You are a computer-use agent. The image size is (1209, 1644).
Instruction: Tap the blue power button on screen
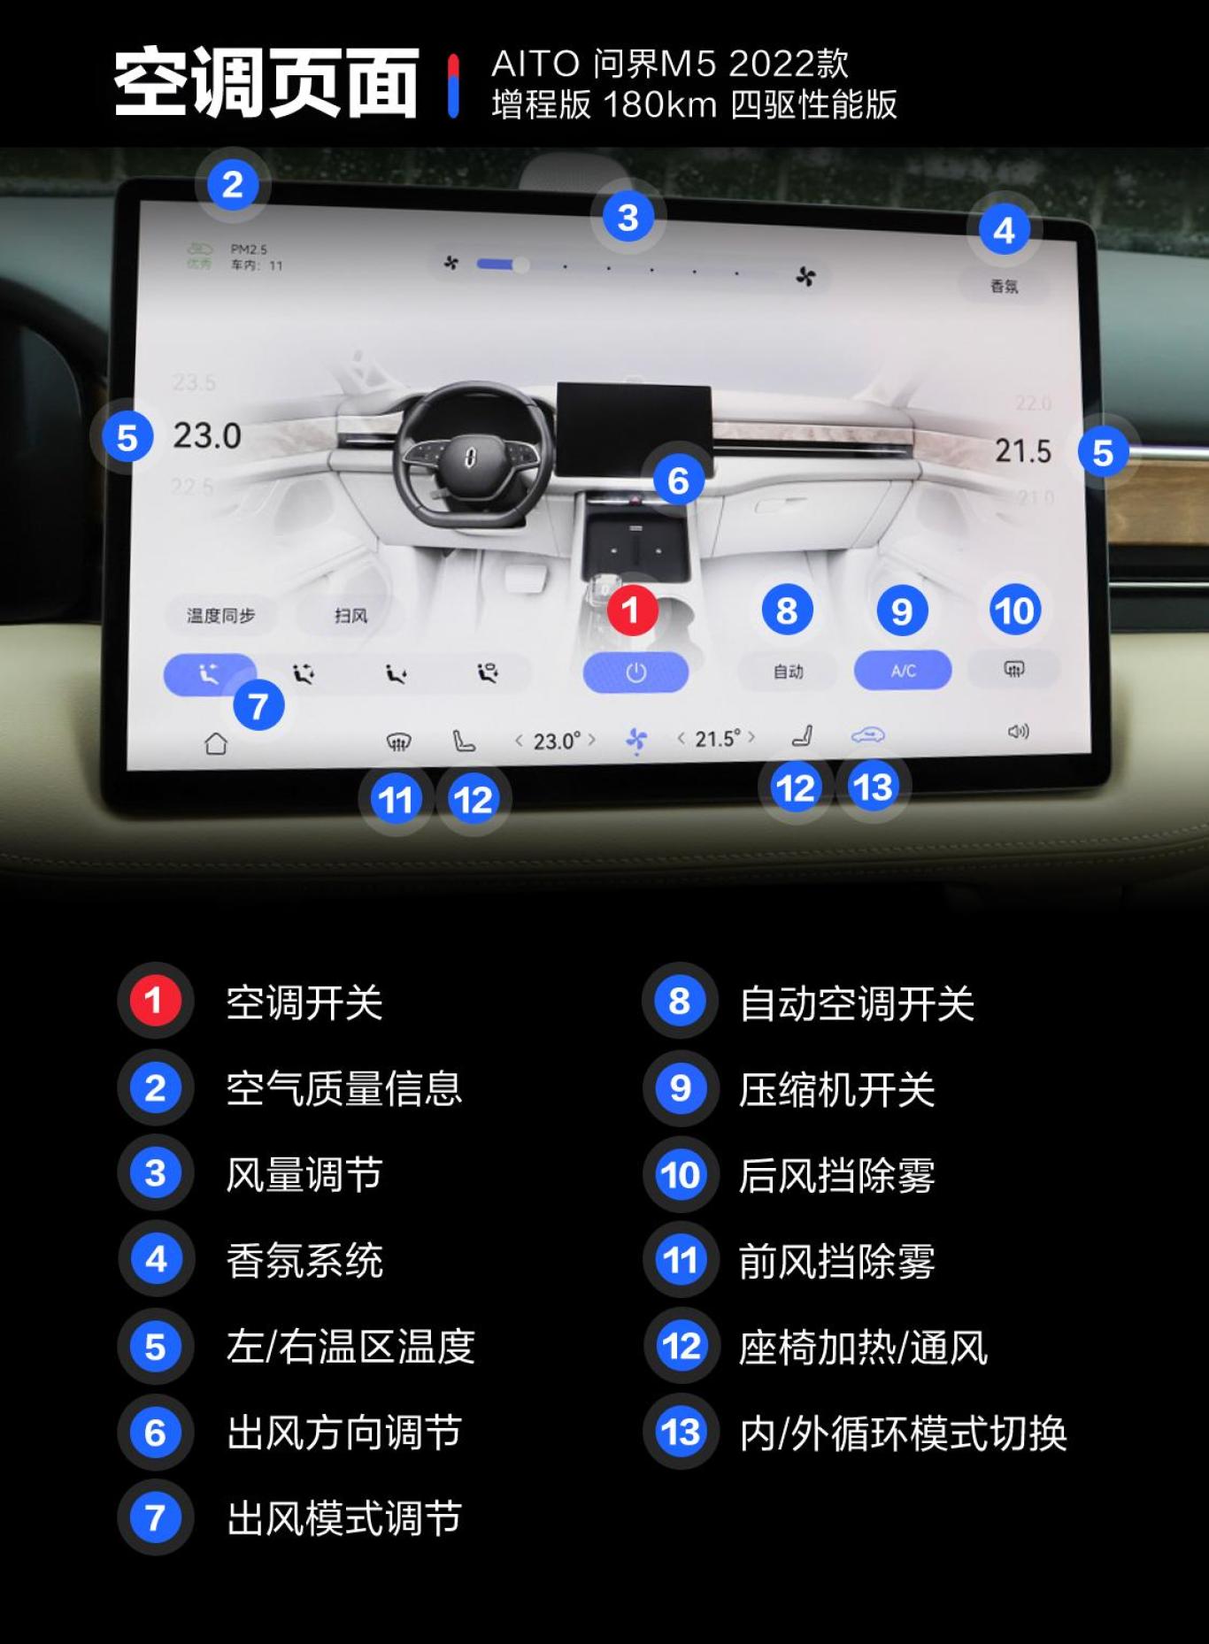pos(635,672)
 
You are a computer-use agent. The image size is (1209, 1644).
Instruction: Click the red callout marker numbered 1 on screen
pos(632,610)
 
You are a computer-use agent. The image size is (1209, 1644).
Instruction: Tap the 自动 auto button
pos(788,672)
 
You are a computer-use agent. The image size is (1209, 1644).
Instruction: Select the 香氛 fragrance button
pos(1004,286)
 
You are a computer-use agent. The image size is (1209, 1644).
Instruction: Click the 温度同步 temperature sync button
pos(220,615)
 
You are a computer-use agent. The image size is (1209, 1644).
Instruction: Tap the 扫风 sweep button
pos(350,615)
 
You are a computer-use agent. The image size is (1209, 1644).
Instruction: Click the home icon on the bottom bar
pos(216,743)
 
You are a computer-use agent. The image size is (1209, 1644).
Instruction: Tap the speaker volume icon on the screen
pos(1018,732)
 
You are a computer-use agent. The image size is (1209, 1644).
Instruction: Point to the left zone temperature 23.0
pos(207,435)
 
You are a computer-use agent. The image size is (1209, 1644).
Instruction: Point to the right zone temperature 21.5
pos(1022,451)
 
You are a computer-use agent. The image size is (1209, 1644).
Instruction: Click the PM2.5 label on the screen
pos(249,250)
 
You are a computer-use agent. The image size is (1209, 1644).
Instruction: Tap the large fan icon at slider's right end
pos(805,277)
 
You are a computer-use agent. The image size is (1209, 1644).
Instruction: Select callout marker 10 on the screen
pos(1014,611)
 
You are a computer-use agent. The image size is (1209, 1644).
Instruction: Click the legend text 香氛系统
pos(304,1260)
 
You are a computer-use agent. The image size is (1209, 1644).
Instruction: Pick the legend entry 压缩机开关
pos(836,1089)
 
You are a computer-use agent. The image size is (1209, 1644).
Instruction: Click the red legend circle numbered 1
pos(155,1002)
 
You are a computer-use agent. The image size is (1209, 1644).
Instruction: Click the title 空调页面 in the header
pos(266,83)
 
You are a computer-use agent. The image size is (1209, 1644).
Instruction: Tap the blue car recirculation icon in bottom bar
pos(867,734)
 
